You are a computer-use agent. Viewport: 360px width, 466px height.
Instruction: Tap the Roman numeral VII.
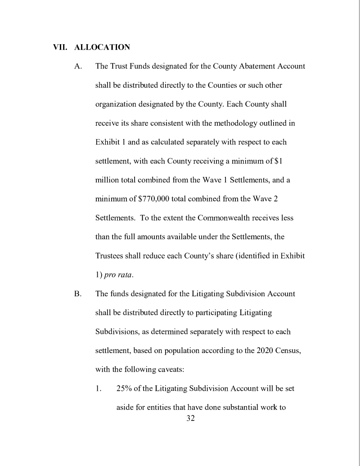tap(60, 46)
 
